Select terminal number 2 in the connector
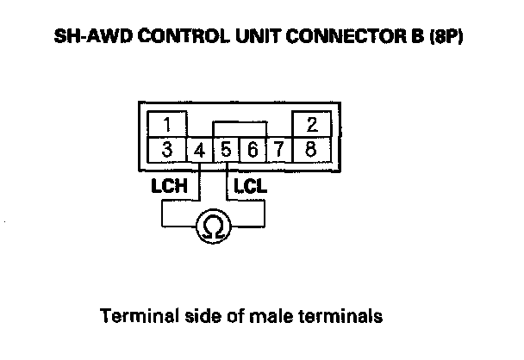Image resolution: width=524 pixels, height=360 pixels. coord(310,121)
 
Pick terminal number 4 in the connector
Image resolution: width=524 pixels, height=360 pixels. coord(200,149)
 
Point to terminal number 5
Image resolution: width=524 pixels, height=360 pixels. coord(226,149)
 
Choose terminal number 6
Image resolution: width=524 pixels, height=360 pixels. coord(252,149)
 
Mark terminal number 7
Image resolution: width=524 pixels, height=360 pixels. coord(278,149)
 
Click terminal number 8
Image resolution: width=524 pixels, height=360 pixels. coord(310,147)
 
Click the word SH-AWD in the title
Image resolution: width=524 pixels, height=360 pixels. coord(84,39)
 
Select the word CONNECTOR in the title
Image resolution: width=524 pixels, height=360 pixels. coord(318,39)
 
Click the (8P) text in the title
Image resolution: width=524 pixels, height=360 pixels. coord(448,39)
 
